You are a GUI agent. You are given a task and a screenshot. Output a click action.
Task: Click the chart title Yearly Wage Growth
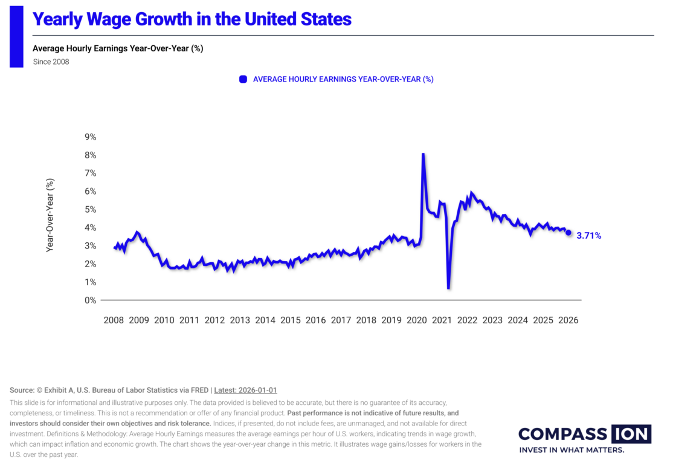coord(192,19)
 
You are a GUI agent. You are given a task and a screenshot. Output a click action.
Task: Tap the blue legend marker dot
coord(243,79)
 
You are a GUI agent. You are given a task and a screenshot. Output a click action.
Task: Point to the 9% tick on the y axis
coord(91,137)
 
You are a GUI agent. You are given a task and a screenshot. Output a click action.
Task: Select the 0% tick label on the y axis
coord(91,300)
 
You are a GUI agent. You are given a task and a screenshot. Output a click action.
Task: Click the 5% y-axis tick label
coord(91,210)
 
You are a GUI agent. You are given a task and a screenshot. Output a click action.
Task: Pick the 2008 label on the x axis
coord(114,320)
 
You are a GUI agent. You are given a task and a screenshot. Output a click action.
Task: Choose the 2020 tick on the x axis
coord(417,320)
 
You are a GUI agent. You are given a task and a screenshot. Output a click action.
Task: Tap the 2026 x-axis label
coord(568,320)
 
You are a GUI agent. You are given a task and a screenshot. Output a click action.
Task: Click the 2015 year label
coord(291,320)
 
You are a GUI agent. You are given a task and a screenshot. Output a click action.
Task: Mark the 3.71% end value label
coord(588,236)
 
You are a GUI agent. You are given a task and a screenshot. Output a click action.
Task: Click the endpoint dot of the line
coord(568,233)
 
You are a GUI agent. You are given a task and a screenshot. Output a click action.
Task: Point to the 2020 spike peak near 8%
coord(423,154)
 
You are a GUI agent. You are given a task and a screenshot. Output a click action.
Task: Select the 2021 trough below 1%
coord(448,288)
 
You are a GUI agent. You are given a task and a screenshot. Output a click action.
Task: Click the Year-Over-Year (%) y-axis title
coord(51,215)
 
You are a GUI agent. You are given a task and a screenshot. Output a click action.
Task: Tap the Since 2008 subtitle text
coord(51,62)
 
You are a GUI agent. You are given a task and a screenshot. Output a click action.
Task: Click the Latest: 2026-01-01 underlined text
coord(245,390)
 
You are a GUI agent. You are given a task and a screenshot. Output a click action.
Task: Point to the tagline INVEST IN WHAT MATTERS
coord(572,450)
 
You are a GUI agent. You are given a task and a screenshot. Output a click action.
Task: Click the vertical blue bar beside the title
coord(16,36)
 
